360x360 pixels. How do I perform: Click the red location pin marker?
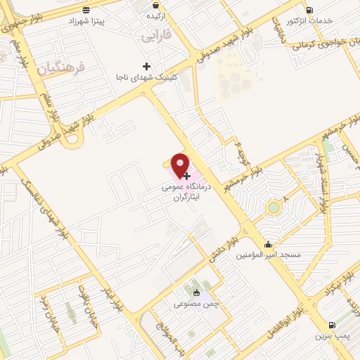[x=181, y=165]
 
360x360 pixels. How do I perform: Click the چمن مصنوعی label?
[x=193, y=304]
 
